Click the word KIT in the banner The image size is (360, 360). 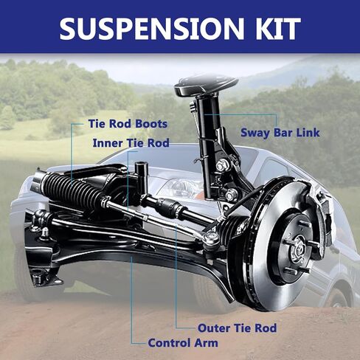[x=275, y=29]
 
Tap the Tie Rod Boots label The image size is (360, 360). [x=128, y=124]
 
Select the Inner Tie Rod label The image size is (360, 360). [x=131, y=143]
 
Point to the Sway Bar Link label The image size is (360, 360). [x=280, y=133]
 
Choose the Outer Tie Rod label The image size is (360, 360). [x=238, y=328]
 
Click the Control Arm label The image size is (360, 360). [x=183, y=343]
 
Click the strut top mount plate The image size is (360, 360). [x=206, y=86]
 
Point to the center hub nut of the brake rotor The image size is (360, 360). [x=298, y=249]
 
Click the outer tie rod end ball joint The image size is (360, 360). [x=211, y=238]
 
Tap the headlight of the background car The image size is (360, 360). [x=181, y=187]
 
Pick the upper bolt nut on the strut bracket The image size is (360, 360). [x=222, y=165]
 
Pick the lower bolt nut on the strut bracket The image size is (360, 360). [x=232, y=195]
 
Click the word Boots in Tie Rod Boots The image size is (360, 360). [x=151, y=124]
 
